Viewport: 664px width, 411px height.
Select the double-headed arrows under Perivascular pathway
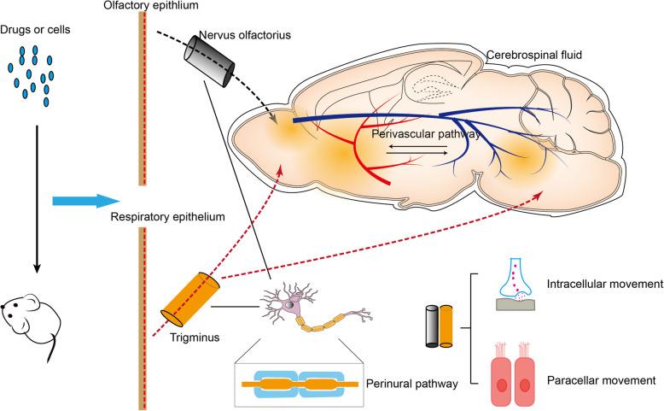click(x=416, y=151)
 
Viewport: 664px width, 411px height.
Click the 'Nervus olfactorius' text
click(x=241, y=35)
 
